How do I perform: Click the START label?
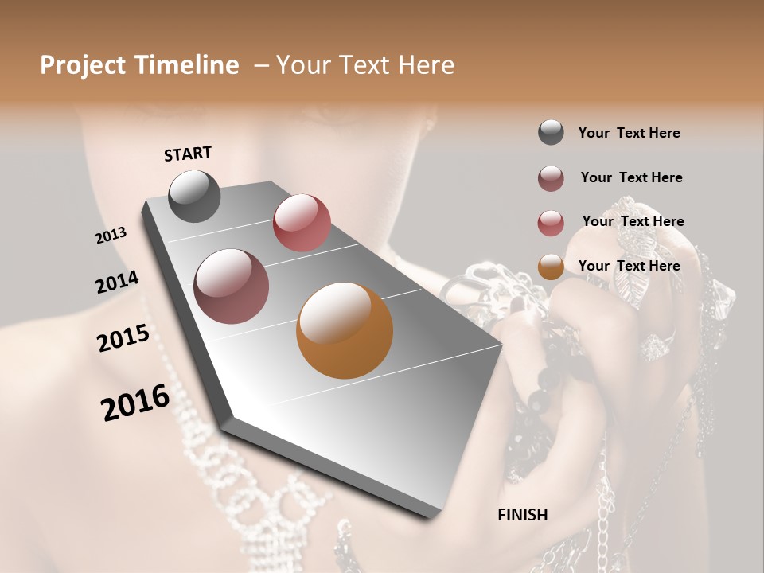click(188, 154)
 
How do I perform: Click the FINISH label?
click(522, 515)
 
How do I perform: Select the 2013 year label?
click(111, 236)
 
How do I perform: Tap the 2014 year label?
click(117, 283)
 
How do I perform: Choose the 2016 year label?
click(135, 403)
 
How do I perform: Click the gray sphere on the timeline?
click(194, 197)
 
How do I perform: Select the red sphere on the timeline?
click(302, 223)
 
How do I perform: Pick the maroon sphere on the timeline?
click(231, 286)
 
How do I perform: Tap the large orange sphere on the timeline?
click(345, 330)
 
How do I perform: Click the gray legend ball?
click(551, 133)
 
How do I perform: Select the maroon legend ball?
click(551, 178)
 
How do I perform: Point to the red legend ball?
click(551, 223)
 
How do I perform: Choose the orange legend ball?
click(551, 267)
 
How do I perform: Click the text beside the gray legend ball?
click(629, 133)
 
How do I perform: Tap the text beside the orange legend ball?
click(629, 266)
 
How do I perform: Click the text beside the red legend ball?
click(633, 221)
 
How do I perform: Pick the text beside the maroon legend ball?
click(631, 177)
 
